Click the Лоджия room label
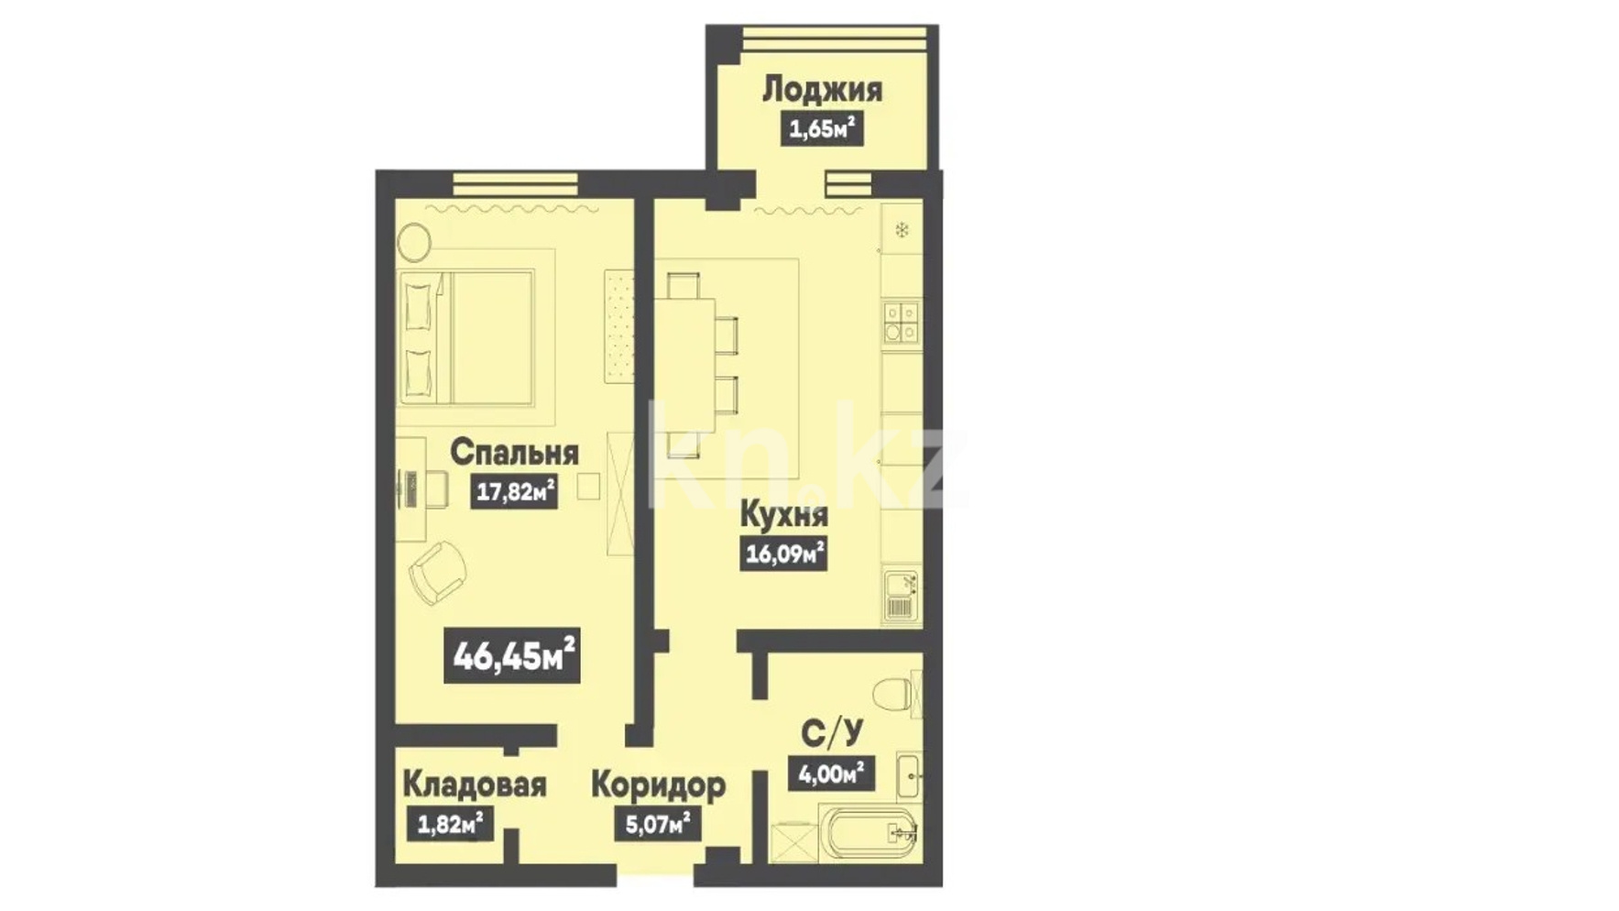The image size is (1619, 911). click(x=822, y=90)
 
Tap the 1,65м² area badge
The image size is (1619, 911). click(x=823, y=128)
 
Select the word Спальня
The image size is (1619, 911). click(x=514, y=452)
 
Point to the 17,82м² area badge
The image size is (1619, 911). click(x=514, y=492)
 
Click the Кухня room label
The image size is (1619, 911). click(x=783, y=515)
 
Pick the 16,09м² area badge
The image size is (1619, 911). click(x=783, y=554)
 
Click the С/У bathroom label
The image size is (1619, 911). click(x=832, y=734)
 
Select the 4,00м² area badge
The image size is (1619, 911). click(x=831, y=774)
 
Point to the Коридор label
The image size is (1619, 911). click(x=658, y=785)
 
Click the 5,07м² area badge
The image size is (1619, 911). click(x=658, y=824)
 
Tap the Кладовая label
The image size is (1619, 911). click(x=474, y=785)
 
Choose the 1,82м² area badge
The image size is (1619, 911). click(x=450, y=824)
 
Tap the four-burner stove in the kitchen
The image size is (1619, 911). click(x=901, y=321)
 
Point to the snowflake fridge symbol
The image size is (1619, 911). click(x=902, y=230)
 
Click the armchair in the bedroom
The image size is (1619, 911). click(x=438, y=572)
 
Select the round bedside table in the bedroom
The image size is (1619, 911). click(x=414, y=243)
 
